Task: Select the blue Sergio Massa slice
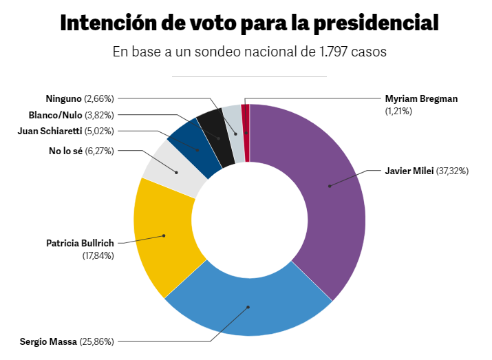[248, 307]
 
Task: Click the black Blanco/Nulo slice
[219, 138]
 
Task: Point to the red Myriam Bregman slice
[246, 133]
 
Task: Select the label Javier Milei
[409, 171]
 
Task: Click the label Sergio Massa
[49, 341]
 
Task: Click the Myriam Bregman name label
[421, 98]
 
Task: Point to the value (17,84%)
[98, 255]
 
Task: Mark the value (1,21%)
[398, 111]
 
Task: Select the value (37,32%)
[453, 171]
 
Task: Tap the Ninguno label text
[63, 99]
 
